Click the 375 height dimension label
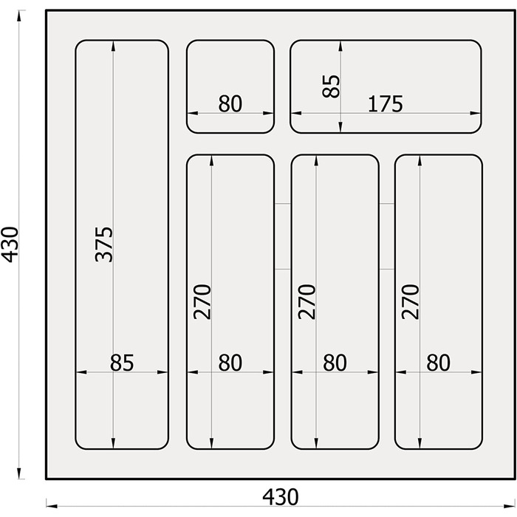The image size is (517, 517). click(x=104, y=244)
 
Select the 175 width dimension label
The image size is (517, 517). click(x=385, y=104)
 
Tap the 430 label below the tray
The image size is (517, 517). click(x=280, y=497)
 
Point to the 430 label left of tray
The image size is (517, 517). click(x=10, y=244)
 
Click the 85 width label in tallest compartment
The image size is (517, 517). click(x=122, y=363)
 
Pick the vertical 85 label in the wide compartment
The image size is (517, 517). click(x=331, y=86)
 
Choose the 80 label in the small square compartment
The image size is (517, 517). click(x=230, y=104)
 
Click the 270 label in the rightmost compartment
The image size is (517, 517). click(x=410, y=301)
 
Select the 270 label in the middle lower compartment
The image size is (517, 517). click(x=307, y=301)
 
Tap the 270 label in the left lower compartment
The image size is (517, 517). click(x=202, y=301)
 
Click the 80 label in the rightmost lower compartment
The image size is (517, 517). click(x=438, y=363)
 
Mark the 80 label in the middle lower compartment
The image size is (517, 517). click(x=335, y=363)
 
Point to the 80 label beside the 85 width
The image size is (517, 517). click(x=230, y=363)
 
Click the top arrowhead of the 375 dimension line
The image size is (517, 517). click(x=114, y=46)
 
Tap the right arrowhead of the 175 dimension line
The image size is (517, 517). click(x=475, y=113)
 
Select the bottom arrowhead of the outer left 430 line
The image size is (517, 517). click(x=19, y=473)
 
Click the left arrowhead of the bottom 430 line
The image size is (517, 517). click(x=52, y=506)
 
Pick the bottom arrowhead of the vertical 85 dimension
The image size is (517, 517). click(x=340, y=126)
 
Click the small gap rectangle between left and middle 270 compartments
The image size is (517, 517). click(x=282, y=236)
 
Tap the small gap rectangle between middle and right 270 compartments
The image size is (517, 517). click(x=387, y=236)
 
